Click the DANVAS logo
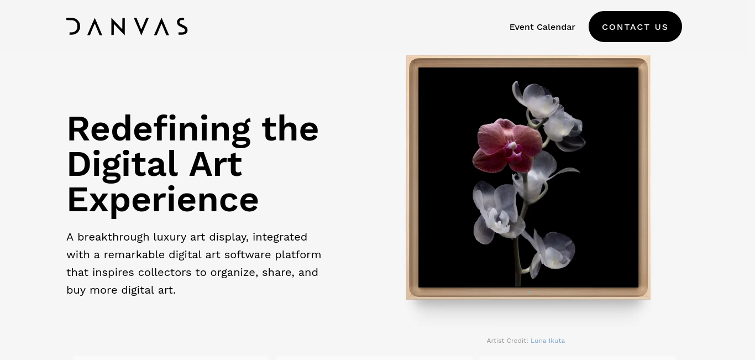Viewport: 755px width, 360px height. coord(127,27)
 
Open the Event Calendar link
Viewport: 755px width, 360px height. coord(542,27)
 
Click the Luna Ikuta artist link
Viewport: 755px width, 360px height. coord(548,341)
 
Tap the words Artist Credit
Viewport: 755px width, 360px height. coord(507,341)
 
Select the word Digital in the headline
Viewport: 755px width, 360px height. coord(122,166)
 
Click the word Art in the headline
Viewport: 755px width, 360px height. coord(216,165)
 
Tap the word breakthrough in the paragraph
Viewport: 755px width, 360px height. coord(113,237)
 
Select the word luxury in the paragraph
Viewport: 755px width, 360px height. coord(170,238)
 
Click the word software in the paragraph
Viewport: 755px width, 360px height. coord(248,254)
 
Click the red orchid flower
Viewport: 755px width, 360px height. coord(507,145)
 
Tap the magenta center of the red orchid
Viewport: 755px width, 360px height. coord(513,155)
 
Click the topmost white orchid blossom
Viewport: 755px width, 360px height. coord(536,100)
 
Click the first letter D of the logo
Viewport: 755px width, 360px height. coord(73,27)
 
